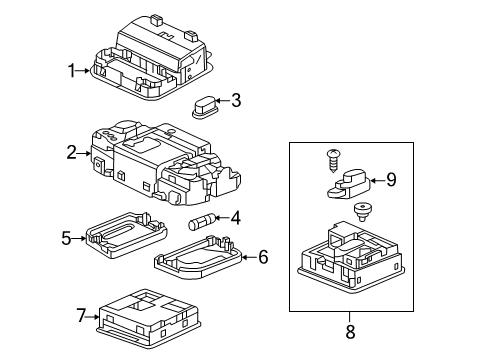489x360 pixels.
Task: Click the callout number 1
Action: pyautogui.click(x=71, y=71)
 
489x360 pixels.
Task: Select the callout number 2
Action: pyautogui.click(x=71, y=153)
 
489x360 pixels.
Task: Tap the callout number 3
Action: pyautogui.click(x=236, y=100)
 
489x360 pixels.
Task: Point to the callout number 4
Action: pyautogui.click(x=235, y=218)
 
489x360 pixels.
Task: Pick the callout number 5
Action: pyautogui.click(x=66, y=238)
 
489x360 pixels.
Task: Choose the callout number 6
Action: pyautogui.click(x=263, y=257)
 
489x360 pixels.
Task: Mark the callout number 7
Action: pyautogui.click(x=81, y=315)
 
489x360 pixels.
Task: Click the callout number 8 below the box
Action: pyautogui.click(x=350, y=332)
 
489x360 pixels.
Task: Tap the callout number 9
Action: pyautogui.click(x=391, y=180)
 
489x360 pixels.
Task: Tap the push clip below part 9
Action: pyautogui.click(x=361, y=212)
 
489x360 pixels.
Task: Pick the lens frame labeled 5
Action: pyautogui.click(x=126, y=235)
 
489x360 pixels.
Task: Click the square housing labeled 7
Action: pyautogui.click(x=148, y=319)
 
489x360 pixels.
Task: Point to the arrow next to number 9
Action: pyautogui.click(x=378, y=181)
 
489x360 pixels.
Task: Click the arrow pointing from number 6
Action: pyautogui.click(x=250, y=257)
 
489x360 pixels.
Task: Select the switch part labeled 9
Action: pyautogui.click(x=348, y=185)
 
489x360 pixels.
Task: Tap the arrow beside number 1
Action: pyautogui.click(x=83, y=71)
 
